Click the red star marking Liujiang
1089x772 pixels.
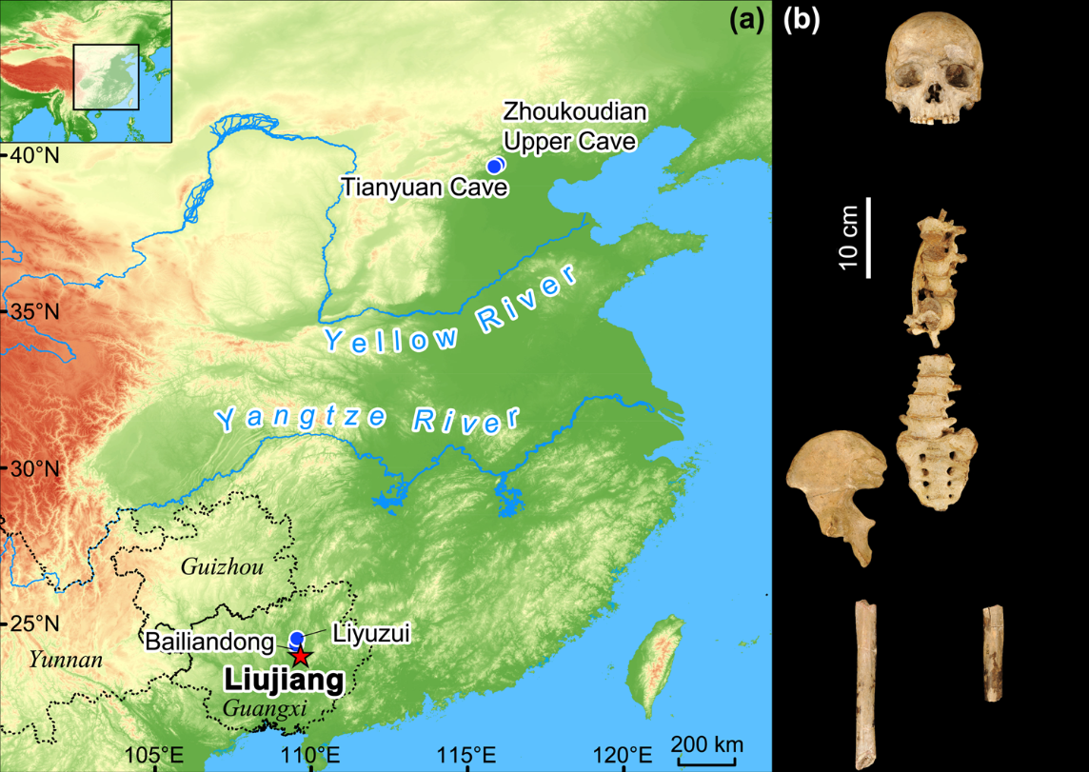pos(300,656)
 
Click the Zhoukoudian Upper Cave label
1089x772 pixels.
pos(575,128)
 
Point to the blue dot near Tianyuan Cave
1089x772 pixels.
pos(493,166)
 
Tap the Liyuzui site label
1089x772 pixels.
pos(370,631)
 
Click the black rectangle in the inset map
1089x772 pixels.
pos(106,78)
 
